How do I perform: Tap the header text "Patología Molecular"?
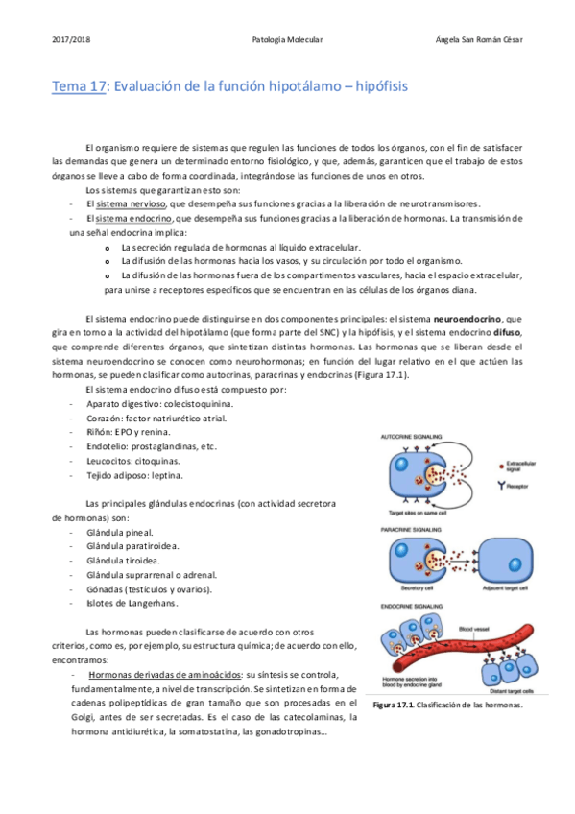coord(287,40)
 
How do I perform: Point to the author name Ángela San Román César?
coord(478,40)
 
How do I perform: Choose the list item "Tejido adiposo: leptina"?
coord(133,474)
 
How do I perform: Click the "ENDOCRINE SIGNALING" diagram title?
coord(416,606)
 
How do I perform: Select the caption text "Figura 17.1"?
coord(392,706)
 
